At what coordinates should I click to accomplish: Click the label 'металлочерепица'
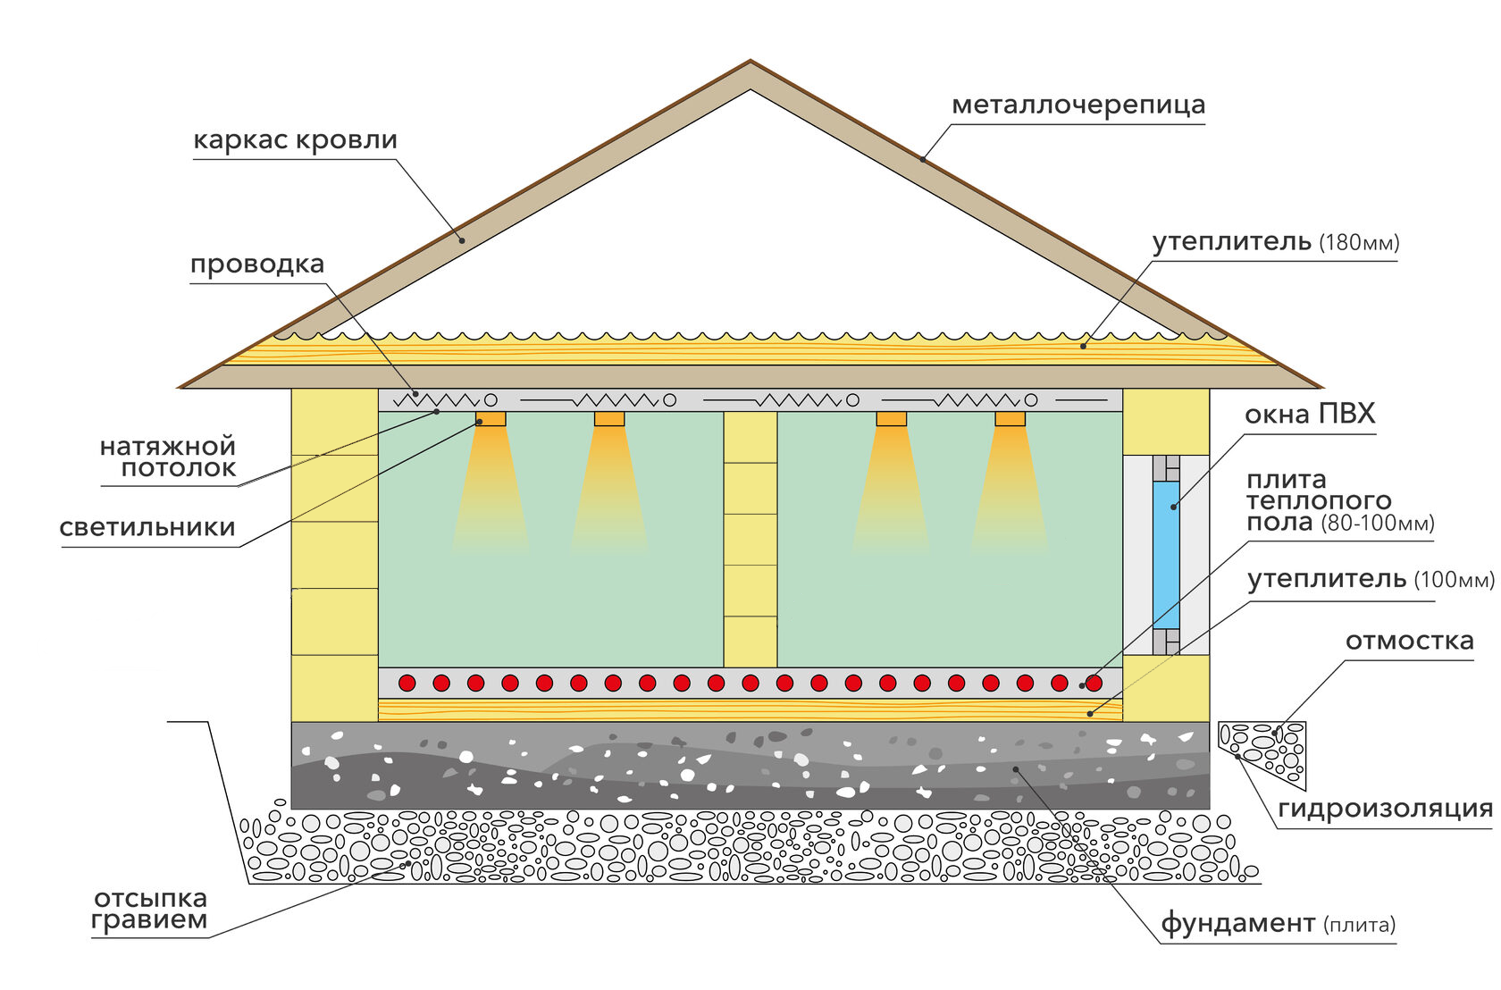(x=1078, y=105)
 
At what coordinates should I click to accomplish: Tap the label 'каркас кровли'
(x=295, y=140)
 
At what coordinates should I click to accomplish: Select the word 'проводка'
(x=257, y=264)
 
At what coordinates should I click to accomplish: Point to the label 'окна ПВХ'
(x=1309, y=415)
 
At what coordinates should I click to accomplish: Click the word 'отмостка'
(x=1409, y=642)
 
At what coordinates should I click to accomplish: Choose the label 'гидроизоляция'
(x=1385, y=809)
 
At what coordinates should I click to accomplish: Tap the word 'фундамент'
(x=1237, y=923)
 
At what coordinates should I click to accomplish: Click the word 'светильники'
(x=147, y=527)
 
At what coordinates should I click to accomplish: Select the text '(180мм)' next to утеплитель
(x=1359, y=243)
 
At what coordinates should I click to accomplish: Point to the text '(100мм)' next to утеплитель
(x=1454, y=581)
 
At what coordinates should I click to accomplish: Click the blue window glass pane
(x=1166, y=554)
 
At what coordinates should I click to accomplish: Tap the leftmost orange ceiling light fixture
(x=491, y=418)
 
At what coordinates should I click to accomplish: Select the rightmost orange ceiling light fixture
(x=1010, y=418)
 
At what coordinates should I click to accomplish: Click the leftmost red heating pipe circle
(x=407, y=684)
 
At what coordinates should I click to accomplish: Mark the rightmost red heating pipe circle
(x=1094, y=684)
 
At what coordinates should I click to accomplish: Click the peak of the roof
(x=750, y=64)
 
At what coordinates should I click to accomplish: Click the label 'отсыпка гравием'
(x=150, y=910)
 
